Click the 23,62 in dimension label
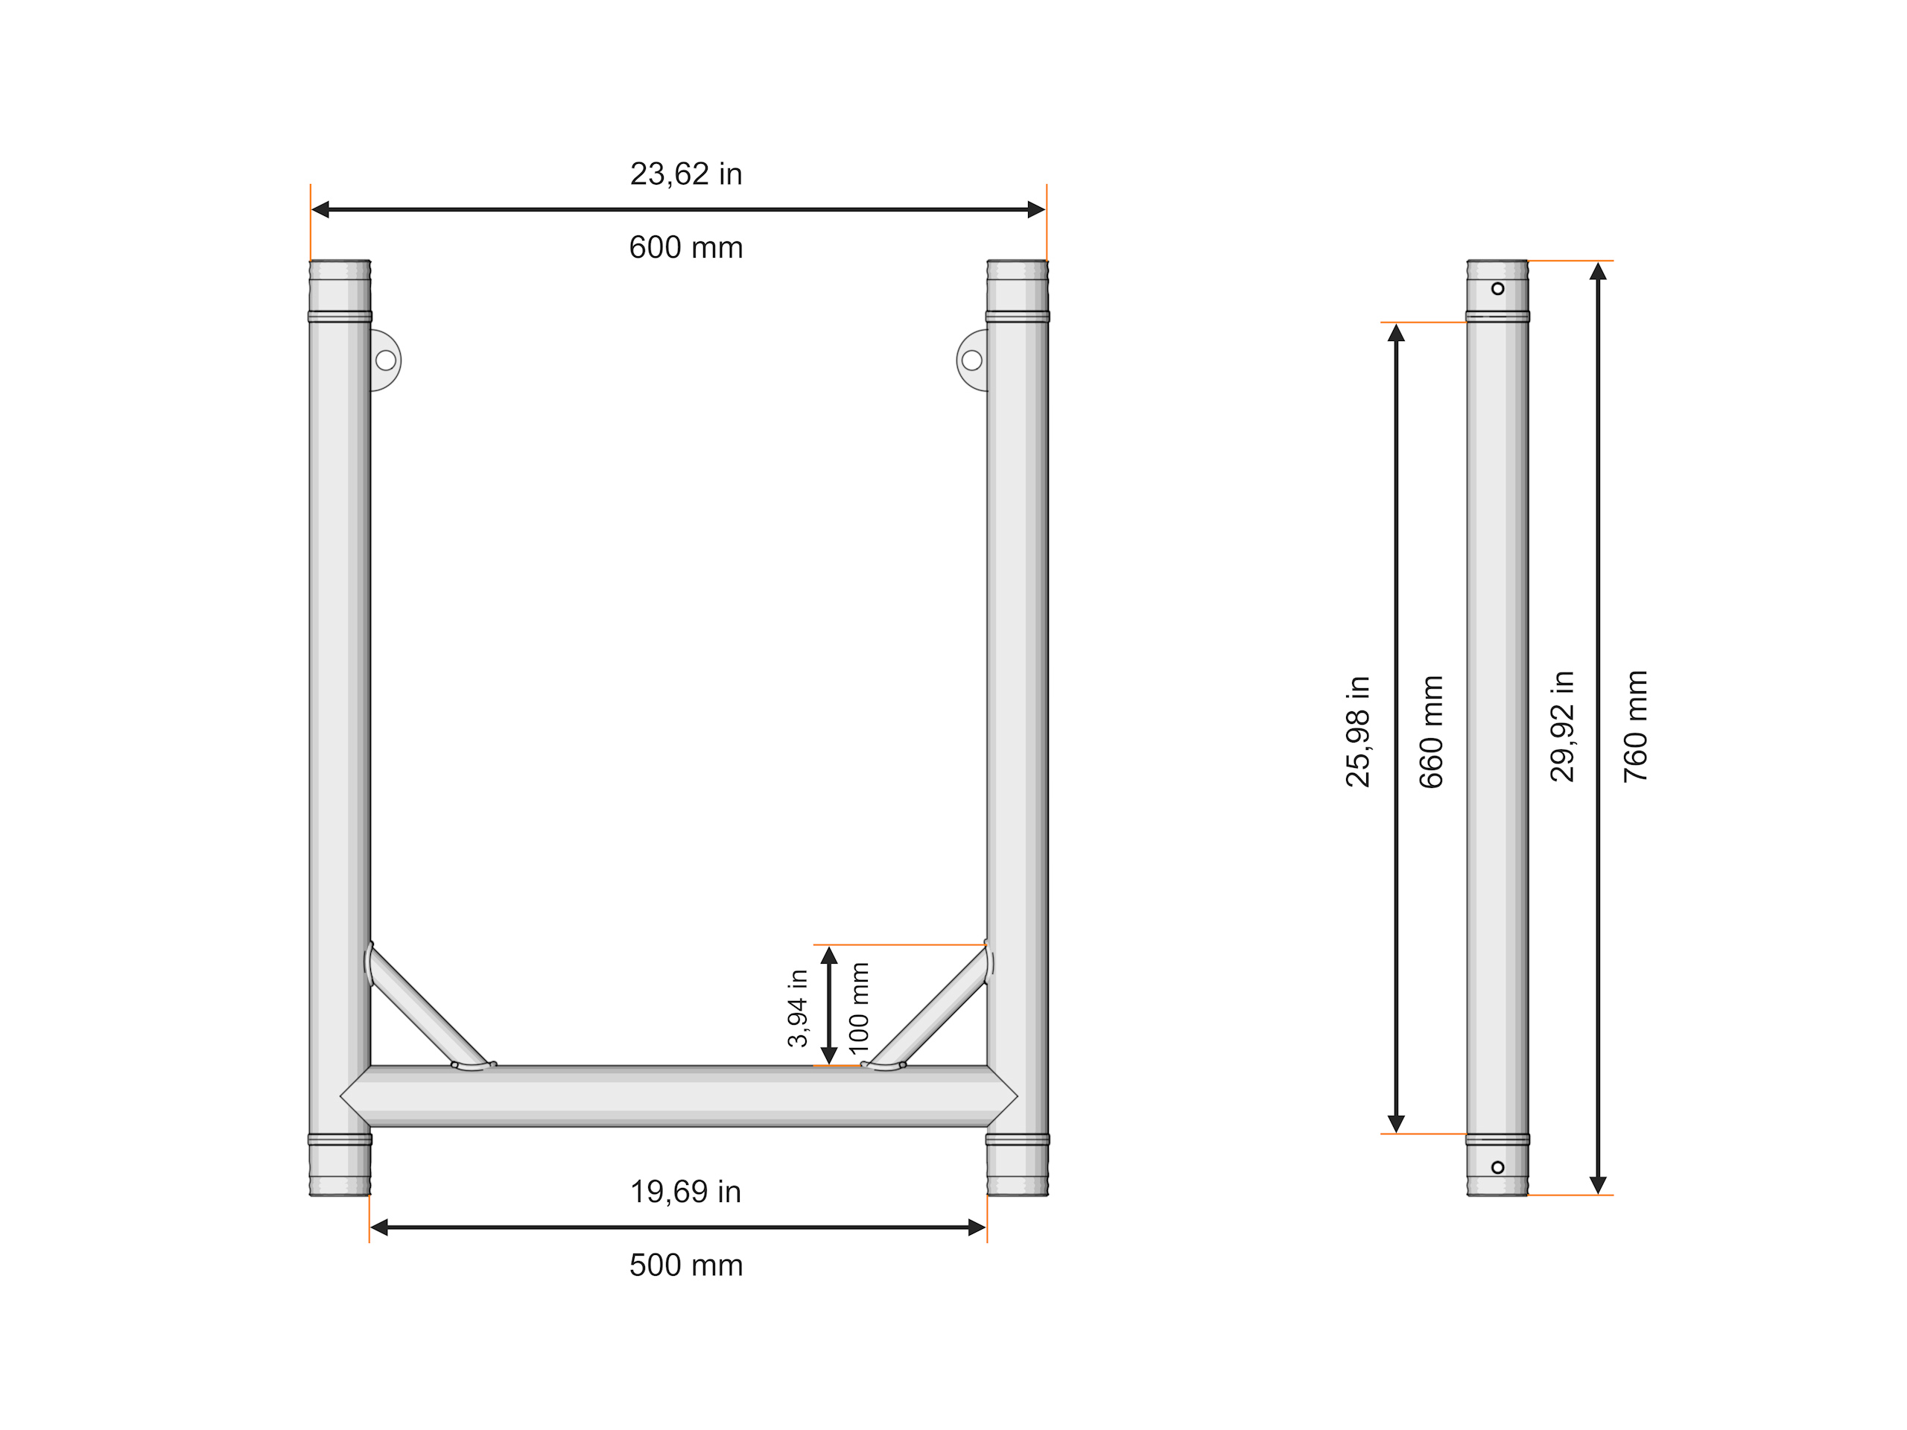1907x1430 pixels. [685, 174]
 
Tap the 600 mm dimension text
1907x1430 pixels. [685, 247]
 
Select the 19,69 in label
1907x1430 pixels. [685, 1192]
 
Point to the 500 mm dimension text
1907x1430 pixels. [685, 1265]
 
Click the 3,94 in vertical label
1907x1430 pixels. [798, 1008]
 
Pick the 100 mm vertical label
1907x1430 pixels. [859, 1008]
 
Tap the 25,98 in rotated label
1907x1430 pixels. [1358, 731]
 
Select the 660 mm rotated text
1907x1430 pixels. [1431, 731]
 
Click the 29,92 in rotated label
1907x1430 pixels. [1562, 727]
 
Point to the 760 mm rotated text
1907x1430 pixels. [1635, 727]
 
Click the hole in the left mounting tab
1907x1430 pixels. [385, 360]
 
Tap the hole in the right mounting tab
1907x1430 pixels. [971, 360]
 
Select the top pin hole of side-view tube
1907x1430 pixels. [1497, 289]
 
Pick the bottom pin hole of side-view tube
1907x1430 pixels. [1497, 1167]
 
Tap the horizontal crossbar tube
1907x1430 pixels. [679, 1096]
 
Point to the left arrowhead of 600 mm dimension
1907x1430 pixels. [320, 209]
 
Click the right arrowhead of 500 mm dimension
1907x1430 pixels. [977, 1227]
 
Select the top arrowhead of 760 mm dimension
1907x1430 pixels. [1598, 272]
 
